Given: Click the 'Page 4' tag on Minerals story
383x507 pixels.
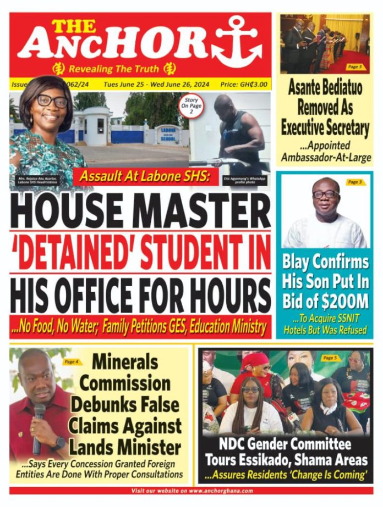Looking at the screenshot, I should (x=71, y=361).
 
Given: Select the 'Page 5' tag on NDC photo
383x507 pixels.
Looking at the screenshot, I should (x=330, y=358).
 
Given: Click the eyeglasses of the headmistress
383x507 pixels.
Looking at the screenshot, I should (x=52, y=101).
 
